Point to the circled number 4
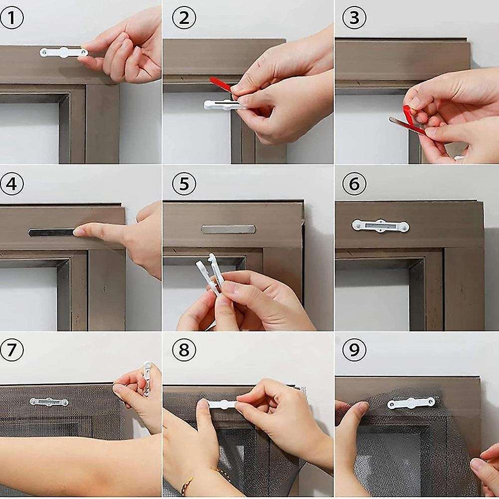tap(12, 184)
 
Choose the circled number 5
tap(183, 184)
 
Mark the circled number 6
tap(354, 184)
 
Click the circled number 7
tap(12, 350)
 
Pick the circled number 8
tap(183, 350)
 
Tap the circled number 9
tap(354, 350)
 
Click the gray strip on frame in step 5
tap(228, 229)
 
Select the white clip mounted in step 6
tap(380, 226)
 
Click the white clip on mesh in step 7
tap(48, 401)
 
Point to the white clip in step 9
tap(411, 402)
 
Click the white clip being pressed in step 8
tap(222, 404)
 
